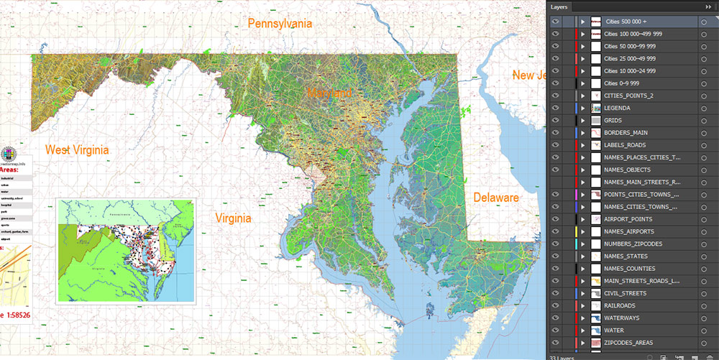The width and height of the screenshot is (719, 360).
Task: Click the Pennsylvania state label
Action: (x=280, y=24)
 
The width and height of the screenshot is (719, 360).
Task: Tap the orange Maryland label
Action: (x=330, y=93)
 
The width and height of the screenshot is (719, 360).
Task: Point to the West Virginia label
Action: (x=77, y=150)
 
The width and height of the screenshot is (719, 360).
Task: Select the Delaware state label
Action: (x=495, y=198)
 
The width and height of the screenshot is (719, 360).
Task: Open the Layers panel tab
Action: (x=559, y=7)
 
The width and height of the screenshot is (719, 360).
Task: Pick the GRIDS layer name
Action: (x=613, y=121)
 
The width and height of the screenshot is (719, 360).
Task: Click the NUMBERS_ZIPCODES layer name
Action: (x=633, y=244)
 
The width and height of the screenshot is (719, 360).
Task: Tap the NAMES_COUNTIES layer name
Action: (x=630, y=269)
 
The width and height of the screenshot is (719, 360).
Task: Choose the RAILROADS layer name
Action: (x=621, y=305)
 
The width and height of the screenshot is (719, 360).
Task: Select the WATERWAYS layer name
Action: (x=623, y=318)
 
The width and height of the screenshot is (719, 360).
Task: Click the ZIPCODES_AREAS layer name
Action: (x=630, y=343)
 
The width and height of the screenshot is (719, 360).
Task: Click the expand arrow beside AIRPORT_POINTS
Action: (x=583, y=219)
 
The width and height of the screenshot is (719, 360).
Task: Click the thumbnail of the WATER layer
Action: (x=595, y=331)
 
